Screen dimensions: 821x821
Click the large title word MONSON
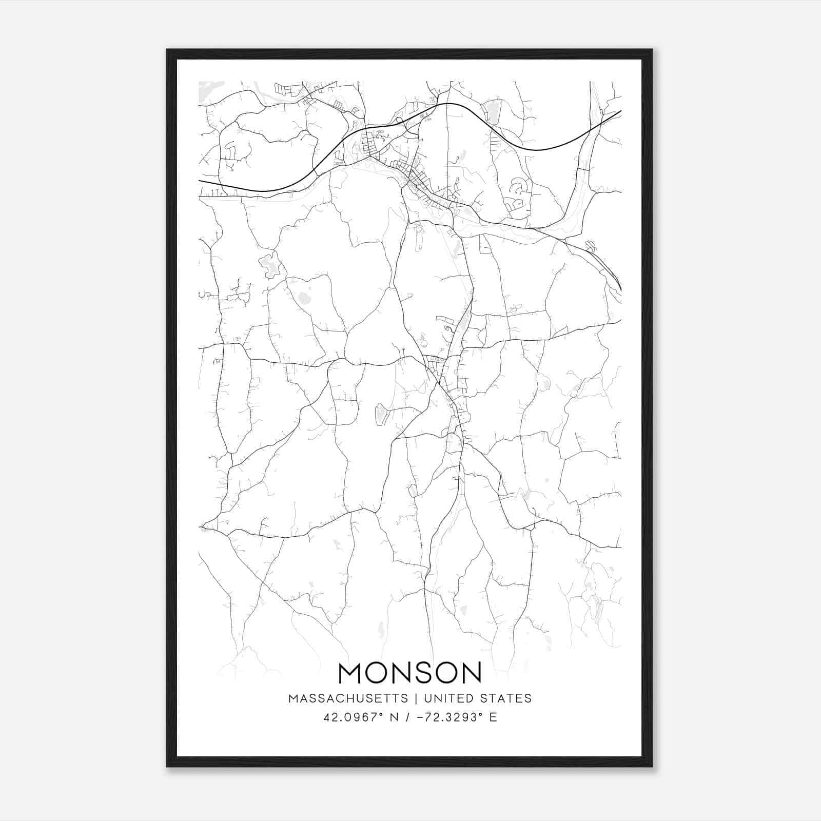click(410, 673)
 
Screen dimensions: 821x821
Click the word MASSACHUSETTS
click(348, 698)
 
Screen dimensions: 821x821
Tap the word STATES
click(507, 698)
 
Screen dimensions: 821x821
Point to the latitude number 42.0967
click(343, 717)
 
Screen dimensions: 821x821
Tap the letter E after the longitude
click(493, 717)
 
